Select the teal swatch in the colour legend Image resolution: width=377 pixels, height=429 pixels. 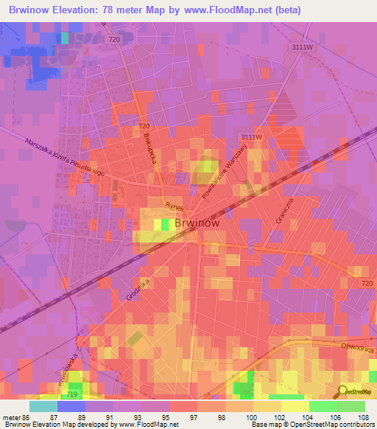[43, 406]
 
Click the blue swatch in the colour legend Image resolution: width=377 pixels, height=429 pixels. [71, 406]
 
